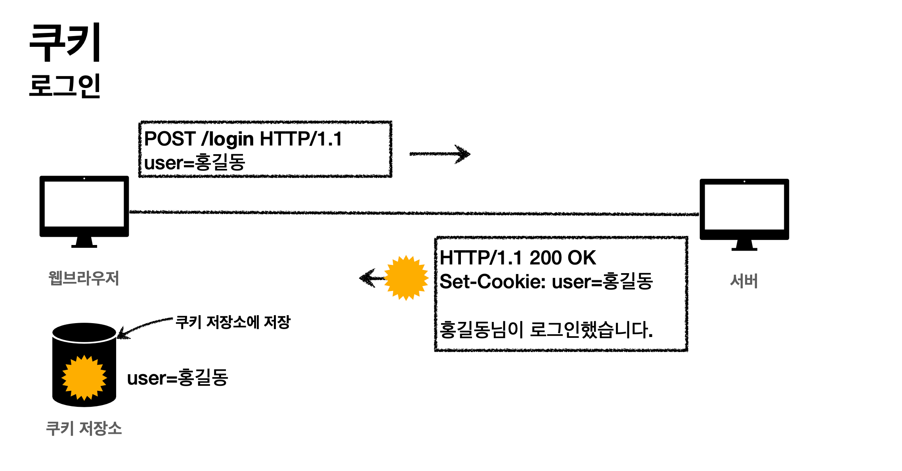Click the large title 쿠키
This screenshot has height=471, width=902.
pos(65,42)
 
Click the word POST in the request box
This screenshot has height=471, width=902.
pos(170,139)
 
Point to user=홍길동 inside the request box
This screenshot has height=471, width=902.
pos(195,163)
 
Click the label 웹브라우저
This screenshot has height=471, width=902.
pos(84,278)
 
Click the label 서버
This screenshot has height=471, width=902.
pos(744,281)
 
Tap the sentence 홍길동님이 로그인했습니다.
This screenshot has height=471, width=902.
pos(546,329)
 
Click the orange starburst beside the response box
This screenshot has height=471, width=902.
pos(406,278)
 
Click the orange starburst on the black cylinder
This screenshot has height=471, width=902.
pos(84,377)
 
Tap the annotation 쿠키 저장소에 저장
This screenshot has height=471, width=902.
pos(233,322)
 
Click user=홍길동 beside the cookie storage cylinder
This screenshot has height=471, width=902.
pos(178,378)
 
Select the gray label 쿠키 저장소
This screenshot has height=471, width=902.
pos(84,429)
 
